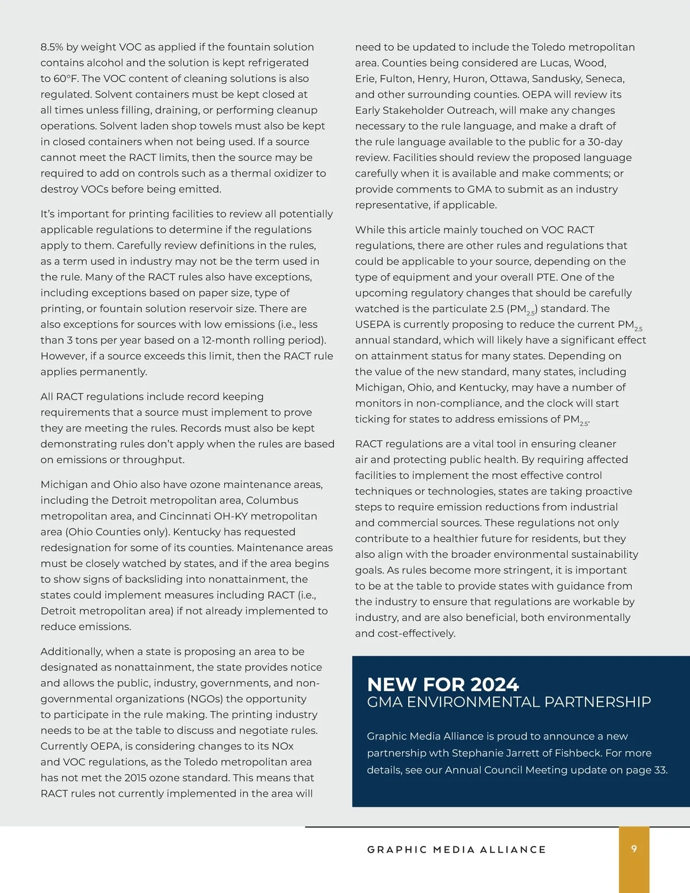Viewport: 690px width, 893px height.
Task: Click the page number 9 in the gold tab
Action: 634,849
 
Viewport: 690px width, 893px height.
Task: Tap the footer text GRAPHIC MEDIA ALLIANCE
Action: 457,849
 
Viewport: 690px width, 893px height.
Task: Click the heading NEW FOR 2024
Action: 443,684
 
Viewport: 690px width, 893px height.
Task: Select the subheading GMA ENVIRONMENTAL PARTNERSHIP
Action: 509,702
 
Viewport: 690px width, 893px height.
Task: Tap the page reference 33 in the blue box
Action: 660,770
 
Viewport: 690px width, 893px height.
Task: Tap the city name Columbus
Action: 272,501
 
